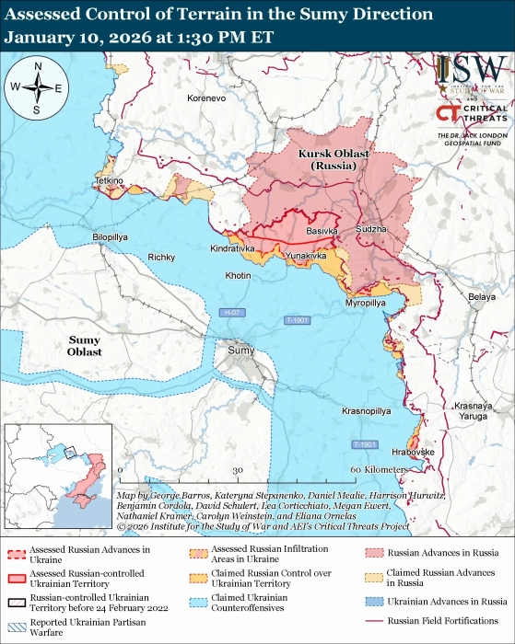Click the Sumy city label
[240, 351]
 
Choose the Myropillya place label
[365, 302]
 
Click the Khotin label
[238, 275]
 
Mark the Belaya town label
[481, 296]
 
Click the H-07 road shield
[232, 315]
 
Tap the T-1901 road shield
[365, 445]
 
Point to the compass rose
[38, 87]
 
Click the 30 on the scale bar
[237, 470]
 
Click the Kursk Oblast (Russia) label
[333, 159]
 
